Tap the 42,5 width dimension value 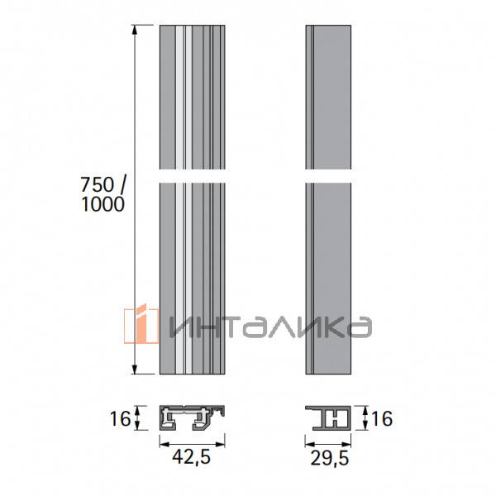point(191,455)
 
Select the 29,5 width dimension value point(329,455)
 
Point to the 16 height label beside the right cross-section point(382,418)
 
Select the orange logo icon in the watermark point(141,327)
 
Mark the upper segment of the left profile point(191,99)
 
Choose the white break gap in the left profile point(191,178)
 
